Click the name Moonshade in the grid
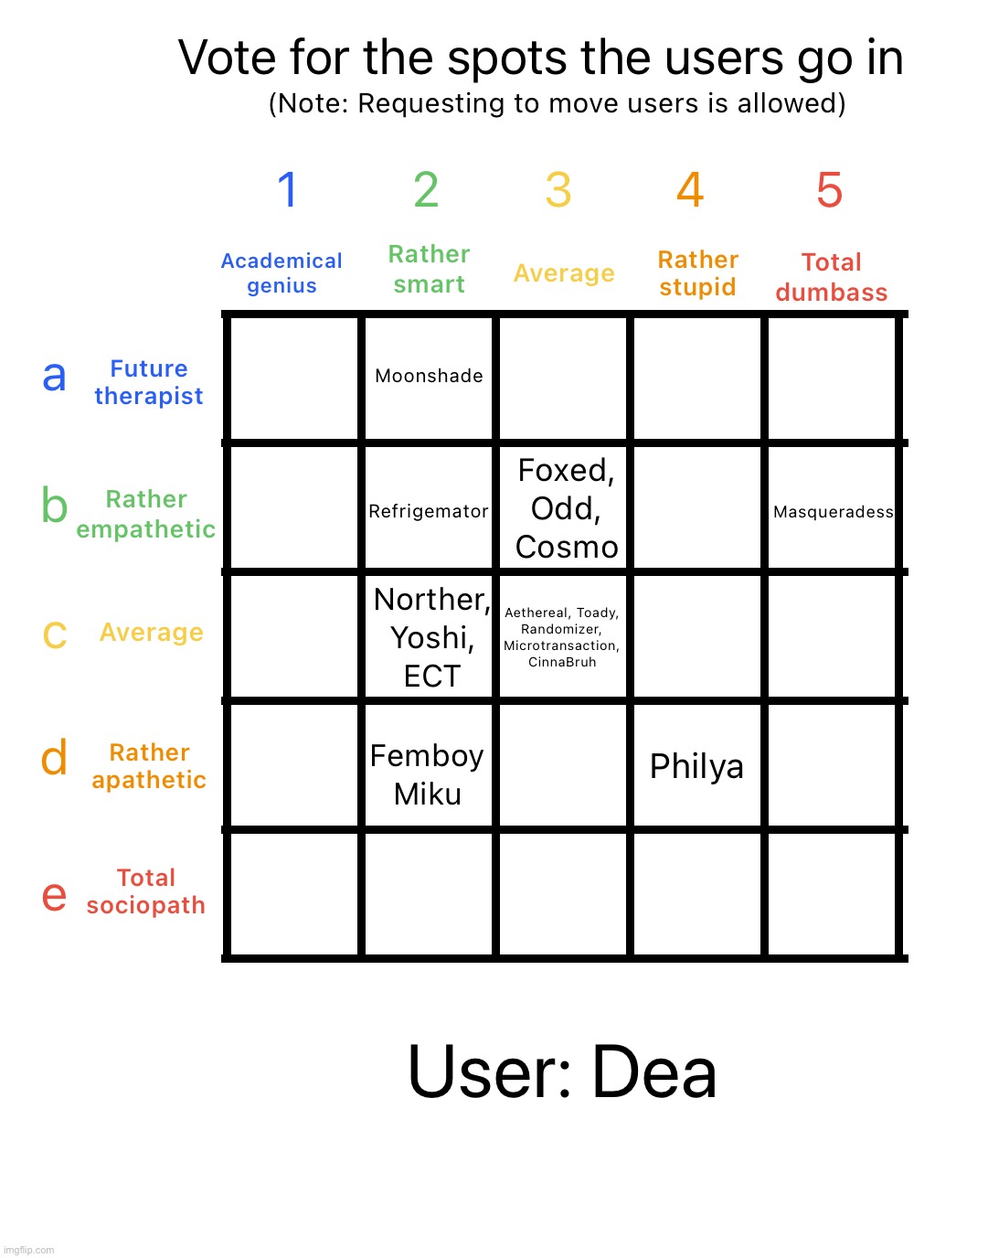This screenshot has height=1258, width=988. coord(429,376)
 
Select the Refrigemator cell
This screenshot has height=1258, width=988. coord(429,511)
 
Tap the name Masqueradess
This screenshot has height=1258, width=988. coord(833,512)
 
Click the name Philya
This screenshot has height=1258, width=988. coord(696,766)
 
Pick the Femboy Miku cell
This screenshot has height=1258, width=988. coord(427,774)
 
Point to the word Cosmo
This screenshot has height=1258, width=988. coord(567,547)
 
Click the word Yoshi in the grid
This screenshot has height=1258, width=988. coord(430,637)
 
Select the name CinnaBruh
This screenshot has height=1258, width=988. coord(562,662)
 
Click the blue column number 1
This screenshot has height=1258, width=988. coord(287,190)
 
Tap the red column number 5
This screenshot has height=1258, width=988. coord(829,190)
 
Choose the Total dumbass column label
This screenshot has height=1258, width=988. coord(832,277)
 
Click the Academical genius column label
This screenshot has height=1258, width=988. coord(282,273)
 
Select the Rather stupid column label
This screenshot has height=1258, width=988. coord(697,273)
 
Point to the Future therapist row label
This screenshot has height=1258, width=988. coord(148,382)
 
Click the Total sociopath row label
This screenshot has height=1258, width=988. coord(146,891)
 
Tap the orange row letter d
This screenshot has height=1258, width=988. coord(54,758)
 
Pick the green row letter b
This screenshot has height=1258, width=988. coord(54,505)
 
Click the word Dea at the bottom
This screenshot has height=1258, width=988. coord(653,1072)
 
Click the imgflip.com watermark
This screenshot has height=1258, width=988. coord(28,1250)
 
